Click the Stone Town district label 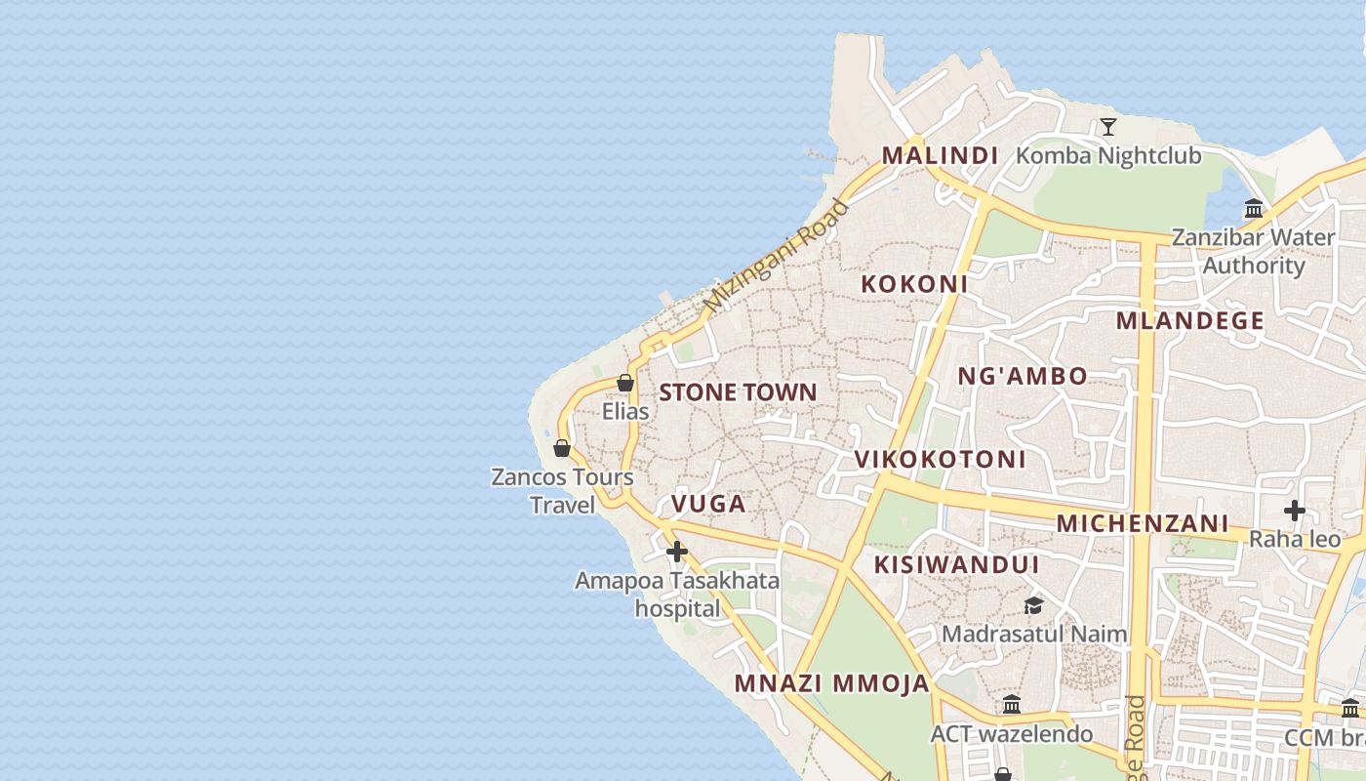(738, 392)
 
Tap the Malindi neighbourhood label (940, 155)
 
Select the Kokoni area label (914, 284)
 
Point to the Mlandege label (1189, 320)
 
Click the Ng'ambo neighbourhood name (1022, 376)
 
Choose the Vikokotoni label (940, 459)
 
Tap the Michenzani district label (1142, 523)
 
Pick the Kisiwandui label (956, 564)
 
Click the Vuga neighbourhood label (708, 504)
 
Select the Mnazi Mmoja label (832, 683)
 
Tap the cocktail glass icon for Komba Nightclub (1107, 126)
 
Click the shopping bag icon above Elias (625, 383)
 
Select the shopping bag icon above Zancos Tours (561, 448)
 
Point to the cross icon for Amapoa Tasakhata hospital (676, 552)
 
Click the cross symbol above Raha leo (1294, 510)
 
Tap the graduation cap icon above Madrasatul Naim (1033, 605)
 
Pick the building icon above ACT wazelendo (1012, 704)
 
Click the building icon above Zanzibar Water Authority (1254, 208)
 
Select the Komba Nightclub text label (1108, 155)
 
